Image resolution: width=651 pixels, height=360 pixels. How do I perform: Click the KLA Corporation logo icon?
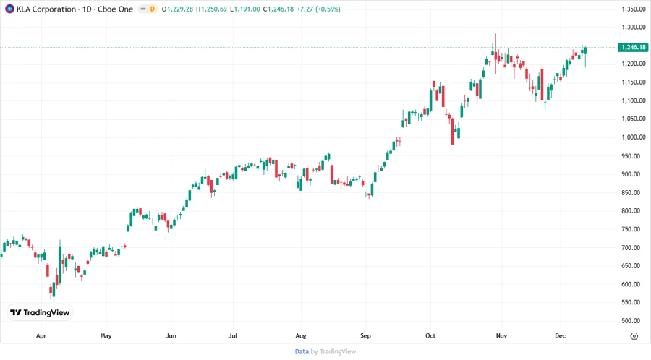click(9, 9)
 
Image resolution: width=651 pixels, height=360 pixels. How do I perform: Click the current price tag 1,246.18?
click(633, 47)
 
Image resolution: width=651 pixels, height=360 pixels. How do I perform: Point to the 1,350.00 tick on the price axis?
click(633, 9)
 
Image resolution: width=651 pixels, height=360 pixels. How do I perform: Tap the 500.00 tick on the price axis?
click(631, 321)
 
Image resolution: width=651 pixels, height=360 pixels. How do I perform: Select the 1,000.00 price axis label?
click(633, 137)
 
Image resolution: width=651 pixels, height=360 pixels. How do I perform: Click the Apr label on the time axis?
click(41, 336)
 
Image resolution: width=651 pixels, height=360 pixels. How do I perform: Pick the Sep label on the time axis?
click(365, 336)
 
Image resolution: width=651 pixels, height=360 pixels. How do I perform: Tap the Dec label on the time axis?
click(561, 336)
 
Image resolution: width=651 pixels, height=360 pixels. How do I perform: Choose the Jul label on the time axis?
click(233, 336)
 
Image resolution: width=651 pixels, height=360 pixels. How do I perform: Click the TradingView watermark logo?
click(40, 313)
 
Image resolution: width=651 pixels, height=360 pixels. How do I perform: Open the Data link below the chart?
click(302, 351)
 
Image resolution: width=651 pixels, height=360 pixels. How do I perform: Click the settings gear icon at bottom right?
click(634, 336)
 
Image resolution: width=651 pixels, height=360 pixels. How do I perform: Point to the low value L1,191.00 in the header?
click(247, 9)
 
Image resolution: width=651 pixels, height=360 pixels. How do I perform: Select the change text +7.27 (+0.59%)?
click(315, 9)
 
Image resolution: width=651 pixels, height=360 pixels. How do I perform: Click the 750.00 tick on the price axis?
click(631, 229)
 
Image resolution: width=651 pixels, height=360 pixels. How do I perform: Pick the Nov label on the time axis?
click(501, 336)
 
